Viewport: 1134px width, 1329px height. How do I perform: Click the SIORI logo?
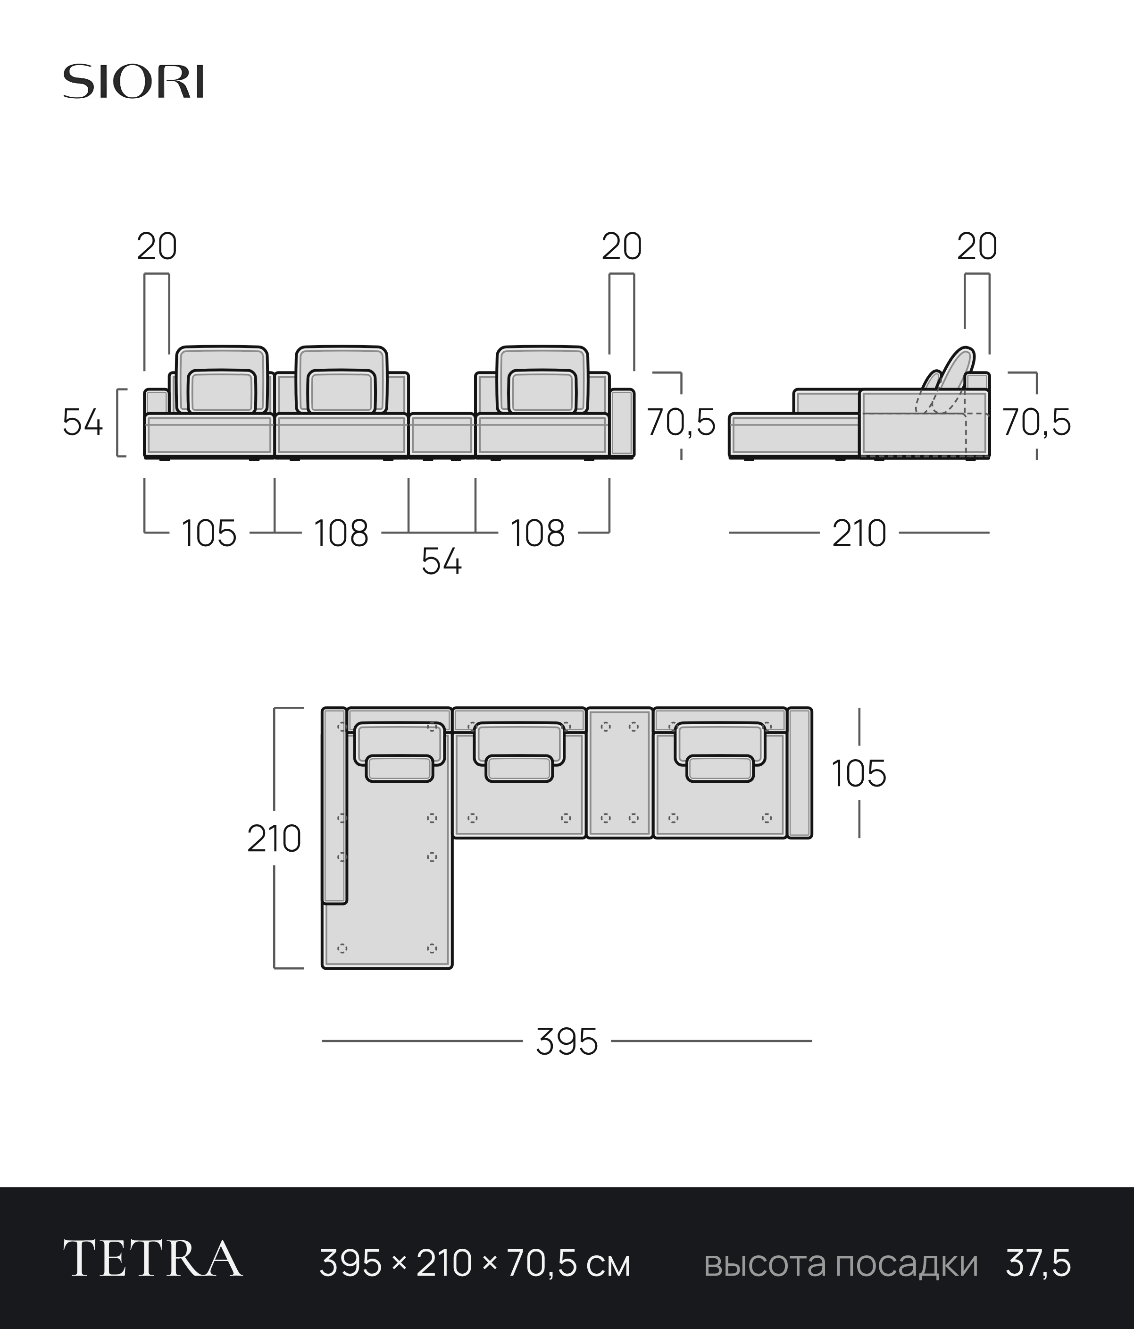pyautogui.click(x=133, y=82)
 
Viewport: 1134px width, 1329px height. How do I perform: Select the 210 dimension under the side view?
pyautogui.click(x=859, y=533)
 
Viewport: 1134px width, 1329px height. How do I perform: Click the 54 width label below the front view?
pyautogui.click(x=442, y=562)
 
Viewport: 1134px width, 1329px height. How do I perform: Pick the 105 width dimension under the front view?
pyautogui.click(x=209, y=533)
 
